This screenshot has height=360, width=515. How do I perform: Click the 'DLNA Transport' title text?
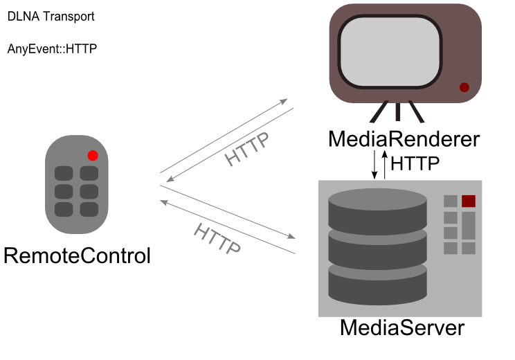click(51, 17)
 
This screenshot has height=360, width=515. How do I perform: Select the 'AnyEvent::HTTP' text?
click(53, 49)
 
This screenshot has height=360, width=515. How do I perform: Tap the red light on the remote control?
click(93, 155)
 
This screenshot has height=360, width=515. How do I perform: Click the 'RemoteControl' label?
click(77, 255)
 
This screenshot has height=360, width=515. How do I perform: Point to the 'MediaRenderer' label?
click(404, 139)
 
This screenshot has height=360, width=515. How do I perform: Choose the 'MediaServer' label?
click(401, 327)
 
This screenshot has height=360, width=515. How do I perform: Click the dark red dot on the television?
click(464, 87)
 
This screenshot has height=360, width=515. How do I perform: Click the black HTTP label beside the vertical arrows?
click(415, 164)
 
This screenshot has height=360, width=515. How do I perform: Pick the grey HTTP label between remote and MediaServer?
click(217, 239)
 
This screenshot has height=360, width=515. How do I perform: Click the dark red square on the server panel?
click(469, 201)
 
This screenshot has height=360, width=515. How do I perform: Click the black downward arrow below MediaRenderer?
click(375, 163)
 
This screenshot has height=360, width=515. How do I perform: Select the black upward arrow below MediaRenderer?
click(384, 163)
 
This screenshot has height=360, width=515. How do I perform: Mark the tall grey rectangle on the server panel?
click(469, 226)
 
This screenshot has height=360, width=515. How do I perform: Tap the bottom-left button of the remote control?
click(64, 209)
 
